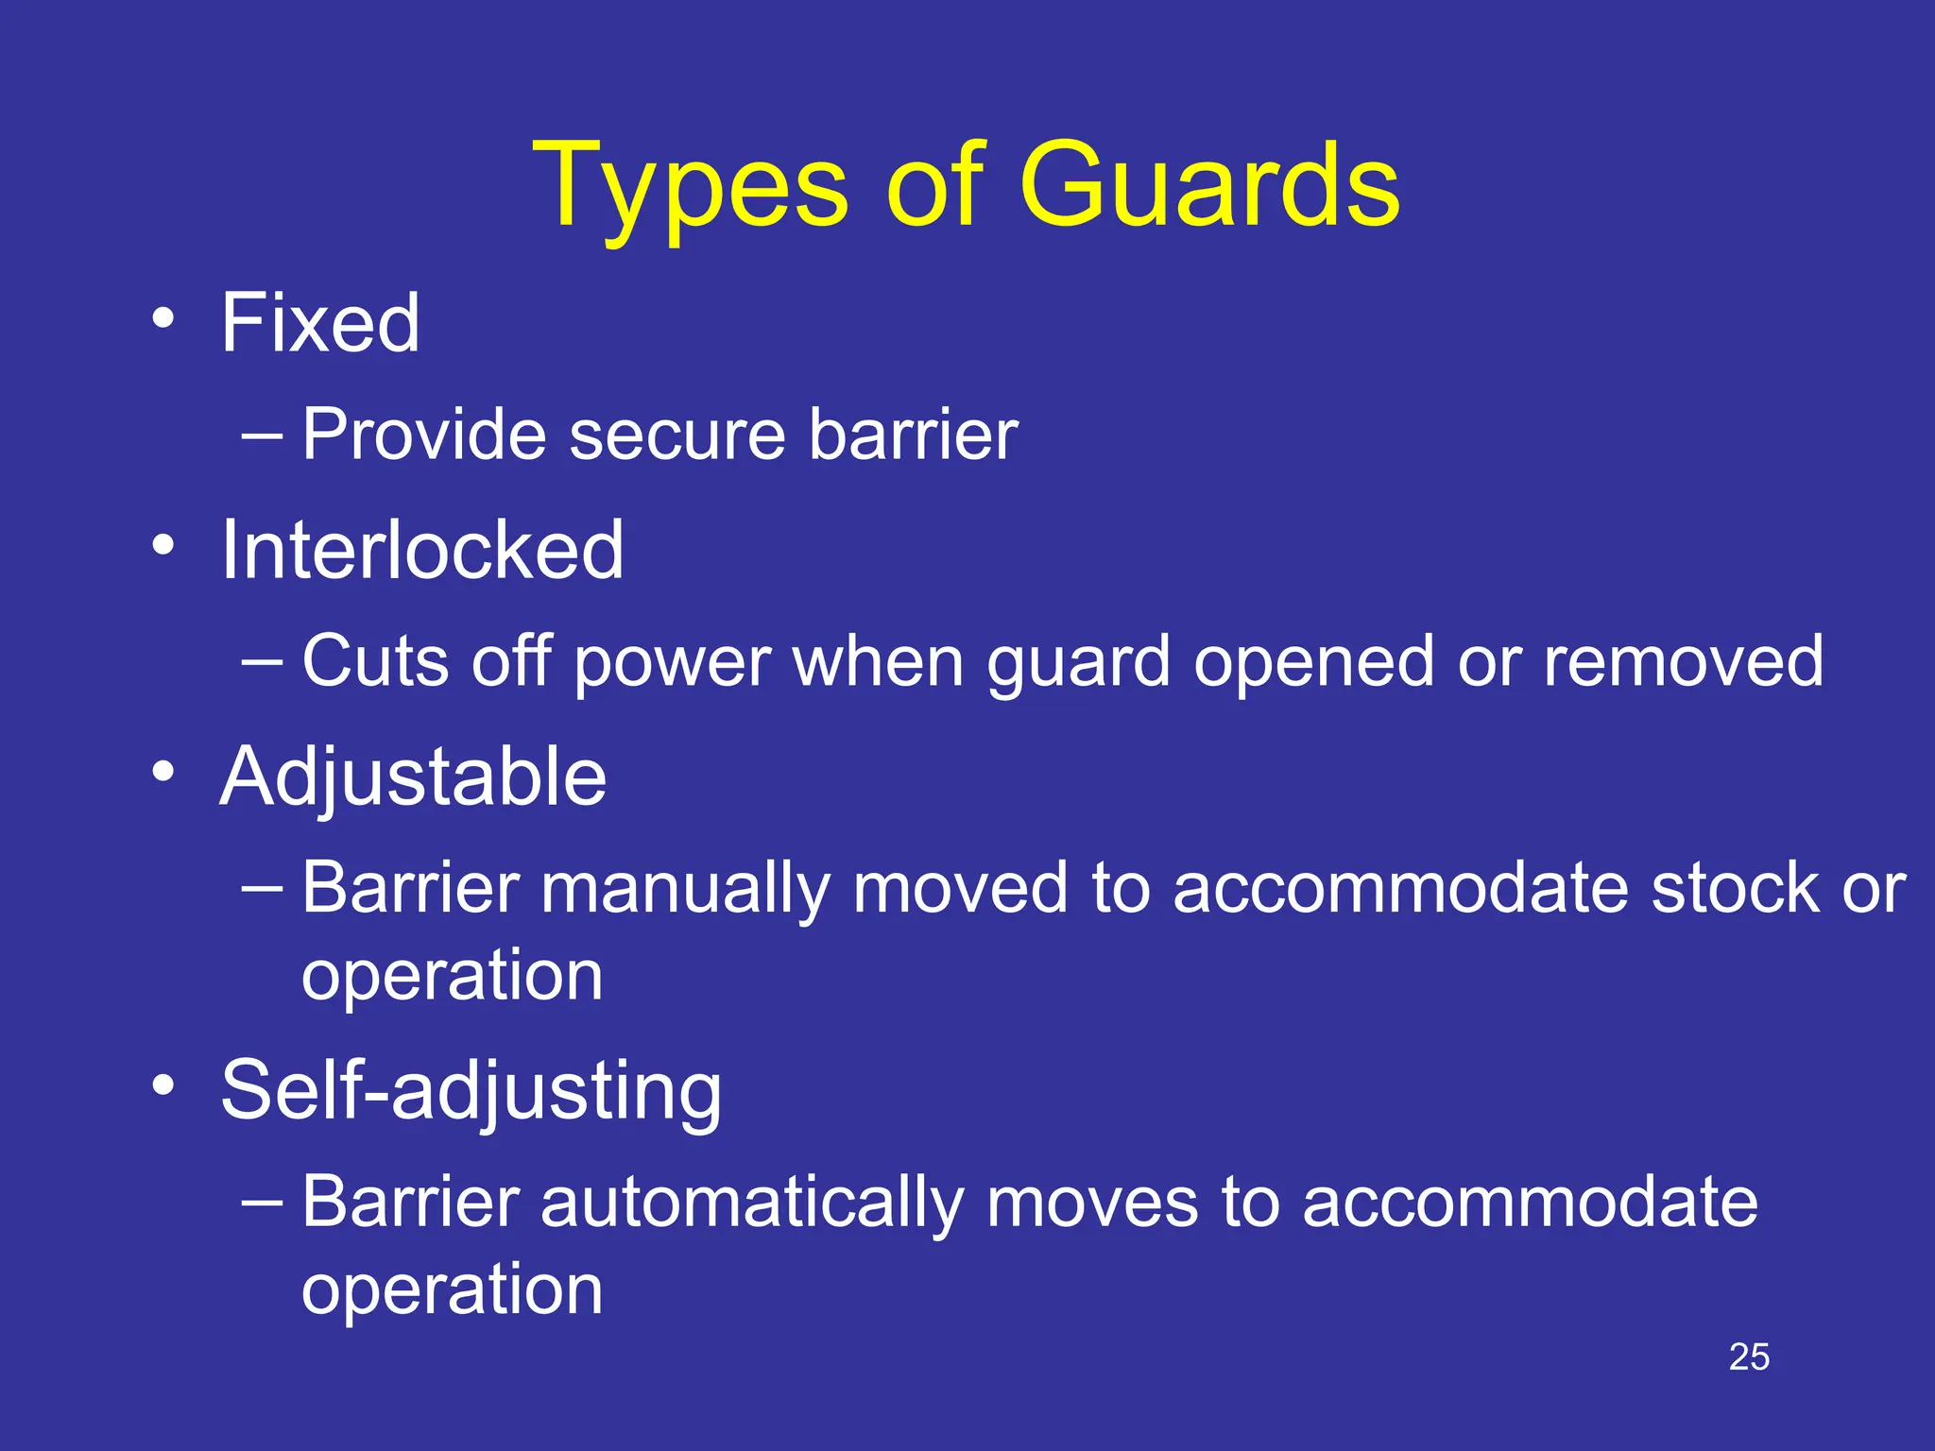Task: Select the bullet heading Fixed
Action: point(319,323)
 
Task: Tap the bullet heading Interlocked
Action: point(421,550)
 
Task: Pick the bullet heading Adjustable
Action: point(413,777)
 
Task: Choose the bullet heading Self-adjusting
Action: point(471,1090)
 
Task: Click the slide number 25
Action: point(1749,1357)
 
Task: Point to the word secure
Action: point(676,435)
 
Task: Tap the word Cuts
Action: point(375,661)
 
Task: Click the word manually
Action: point(685,890)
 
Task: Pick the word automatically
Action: point(752,1203)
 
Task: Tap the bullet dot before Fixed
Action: point(163,318)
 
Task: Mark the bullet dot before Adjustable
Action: point(163,772)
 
